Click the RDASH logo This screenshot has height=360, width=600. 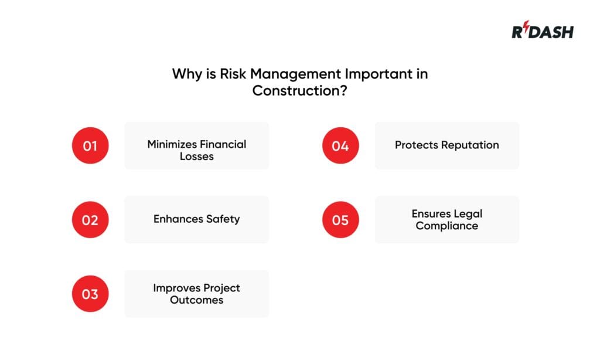(x=543, y=31)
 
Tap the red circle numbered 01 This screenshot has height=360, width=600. (x=90, y=145)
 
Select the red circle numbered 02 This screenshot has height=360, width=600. (x=90, y=219)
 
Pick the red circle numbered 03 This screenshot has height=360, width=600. (x=90, y=294)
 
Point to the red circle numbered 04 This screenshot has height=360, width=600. (x=340, y=145)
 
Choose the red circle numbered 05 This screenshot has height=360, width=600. (x=340, y=219)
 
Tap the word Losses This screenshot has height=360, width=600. (x=197, y=157)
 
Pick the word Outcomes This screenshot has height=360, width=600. (x=197, y=300)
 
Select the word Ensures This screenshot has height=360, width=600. (x=431, y=213)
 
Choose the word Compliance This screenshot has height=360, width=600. (x=447, y=226)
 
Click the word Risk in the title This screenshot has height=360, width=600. (x=228, y=74)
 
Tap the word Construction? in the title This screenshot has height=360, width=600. (x=299, y=91)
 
